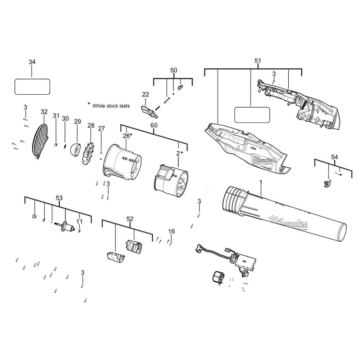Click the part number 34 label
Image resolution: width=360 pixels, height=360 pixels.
32,62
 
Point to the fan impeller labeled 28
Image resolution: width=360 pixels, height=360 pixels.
89,153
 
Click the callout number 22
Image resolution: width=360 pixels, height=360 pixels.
145,94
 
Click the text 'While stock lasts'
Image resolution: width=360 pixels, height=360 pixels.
111,106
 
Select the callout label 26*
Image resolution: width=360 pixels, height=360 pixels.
127,136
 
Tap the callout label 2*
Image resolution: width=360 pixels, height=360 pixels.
180,153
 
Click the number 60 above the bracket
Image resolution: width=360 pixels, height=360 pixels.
154,125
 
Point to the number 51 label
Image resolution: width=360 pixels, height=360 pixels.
258,60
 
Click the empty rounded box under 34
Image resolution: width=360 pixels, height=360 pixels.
32,86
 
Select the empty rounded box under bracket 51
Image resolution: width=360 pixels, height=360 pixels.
252,115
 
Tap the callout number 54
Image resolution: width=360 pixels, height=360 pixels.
334,157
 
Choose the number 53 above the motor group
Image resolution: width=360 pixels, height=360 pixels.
59,198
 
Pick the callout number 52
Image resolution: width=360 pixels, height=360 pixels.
130,219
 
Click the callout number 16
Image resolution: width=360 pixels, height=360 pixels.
171,231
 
